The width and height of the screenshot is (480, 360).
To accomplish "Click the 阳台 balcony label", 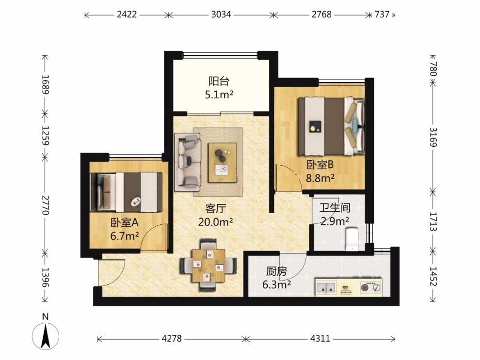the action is click(x=219, y=81).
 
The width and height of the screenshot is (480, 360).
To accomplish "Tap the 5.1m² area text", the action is click(x=219, y=95).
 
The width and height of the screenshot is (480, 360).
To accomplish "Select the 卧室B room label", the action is click(x=320, y=165).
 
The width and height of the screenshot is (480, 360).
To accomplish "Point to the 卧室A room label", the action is click(x=125, y=222).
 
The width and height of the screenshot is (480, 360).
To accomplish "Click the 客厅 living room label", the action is click(x=215, y=209).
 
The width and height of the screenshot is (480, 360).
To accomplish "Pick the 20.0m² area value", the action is click(x=215, y=222).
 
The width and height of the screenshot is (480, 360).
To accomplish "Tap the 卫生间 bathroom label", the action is click(x=335, y=208).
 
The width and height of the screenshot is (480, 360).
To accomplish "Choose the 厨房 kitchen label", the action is click(x=276, y=271).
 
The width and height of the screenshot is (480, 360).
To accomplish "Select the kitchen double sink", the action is click(x=326, y=287).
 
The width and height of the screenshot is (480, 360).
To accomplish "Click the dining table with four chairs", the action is click(x=208, y=265).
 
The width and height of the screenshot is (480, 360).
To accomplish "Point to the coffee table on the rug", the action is click(x=223, y=163).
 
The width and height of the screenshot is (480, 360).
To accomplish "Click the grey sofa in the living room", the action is click(x=188, y=162).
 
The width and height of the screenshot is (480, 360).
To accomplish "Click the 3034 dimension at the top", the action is click(x=221, y=15).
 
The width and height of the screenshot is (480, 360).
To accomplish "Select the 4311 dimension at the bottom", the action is click(x=320, y=338).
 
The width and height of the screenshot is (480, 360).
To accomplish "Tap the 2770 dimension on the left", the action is click(x=45, y=205).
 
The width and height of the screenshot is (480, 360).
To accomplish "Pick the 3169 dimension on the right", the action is click(x=433, y=137).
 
